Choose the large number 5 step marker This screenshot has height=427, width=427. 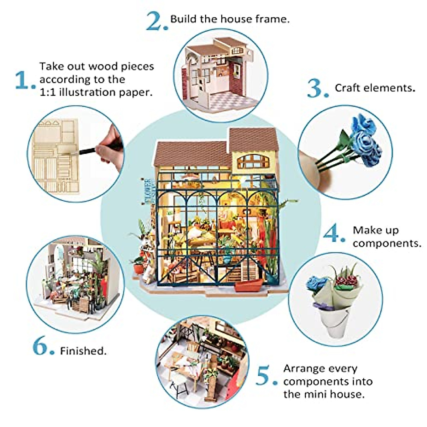[265, 376]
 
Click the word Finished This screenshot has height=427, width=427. [83, 351]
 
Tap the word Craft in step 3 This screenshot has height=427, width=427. [348, 88]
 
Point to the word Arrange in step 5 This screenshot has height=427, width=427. [305, 368]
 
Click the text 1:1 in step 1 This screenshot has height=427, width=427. [48, 92]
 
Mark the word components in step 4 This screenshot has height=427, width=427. [386, 243]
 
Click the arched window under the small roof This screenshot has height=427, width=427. [253, 161]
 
